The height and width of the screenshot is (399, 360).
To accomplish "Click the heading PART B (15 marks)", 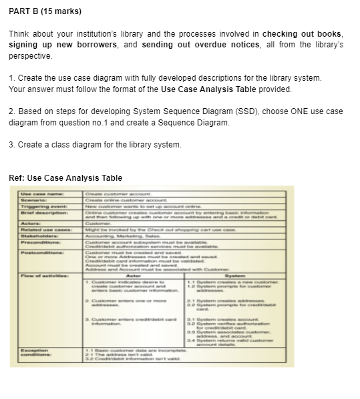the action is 45,11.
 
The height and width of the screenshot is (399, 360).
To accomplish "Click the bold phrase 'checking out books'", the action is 302,34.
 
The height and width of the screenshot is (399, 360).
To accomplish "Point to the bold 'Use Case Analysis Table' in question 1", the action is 240,89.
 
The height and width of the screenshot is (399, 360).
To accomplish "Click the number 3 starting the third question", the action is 11,145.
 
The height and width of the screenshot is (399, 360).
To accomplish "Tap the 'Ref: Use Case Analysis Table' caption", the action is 65,177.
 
